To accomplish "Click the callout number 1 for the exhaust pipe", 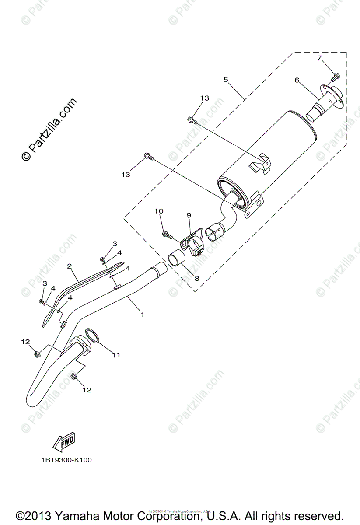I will [x=142, y=314].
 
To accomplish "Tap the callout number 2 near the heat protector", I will [x=69, y=266].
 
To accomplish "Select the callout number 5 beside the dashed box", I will [x=226, y=80].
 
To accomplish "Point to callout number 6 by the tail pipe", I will [x=297, y=80].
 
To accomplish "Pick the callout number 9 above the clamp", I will [x=189, y=215].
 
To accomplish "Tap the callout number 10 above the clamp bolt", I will [x=158, y=211].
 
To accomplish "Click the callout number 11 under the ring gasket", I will [x=115, y=355].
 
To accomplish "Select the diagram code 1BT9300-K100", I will [x=67, y=460].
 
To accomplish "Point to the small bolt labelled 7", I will [x=335, y=77].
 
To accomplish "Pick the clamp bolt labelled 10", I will [x=167, y=235].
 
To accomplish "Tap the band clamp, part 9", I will [x=194, y=243].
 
